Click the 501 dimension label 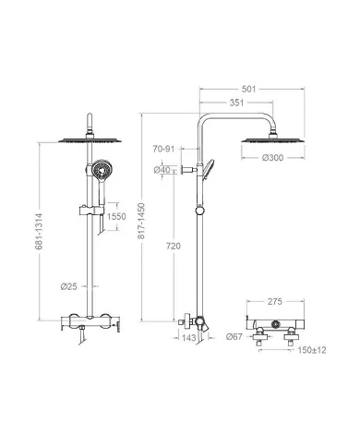248,89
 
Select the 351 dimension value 236,103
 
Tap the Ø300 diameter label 272,158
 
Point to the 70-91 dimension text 163,149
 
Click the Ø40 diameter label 162,170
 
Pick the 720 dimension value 174,247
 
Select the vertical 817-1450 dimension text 141,221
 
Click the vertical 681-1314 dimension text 39,232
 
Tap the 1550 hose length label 116,216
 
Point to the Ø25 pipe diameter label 68,286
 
